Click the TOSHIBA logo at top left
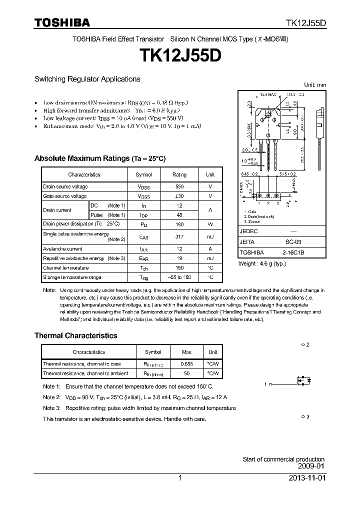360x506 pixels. tap(62, 22)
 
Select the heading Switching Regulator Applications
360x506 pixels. tap(87, 79)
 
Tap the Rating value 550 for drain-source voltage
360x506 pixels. tap(179, 186)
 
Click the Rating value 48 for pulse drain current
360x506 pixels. tap(179, 214)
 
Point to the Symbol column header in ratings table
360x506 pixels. tap(143, 174)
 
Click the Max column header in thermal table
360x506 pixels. tap(186, 352)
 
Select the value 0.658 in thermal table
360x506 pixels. tap(186, 364)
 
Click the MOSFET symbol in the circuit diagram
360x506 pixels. tap(304, 384)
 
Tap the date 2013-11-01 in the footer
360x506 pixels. tap(306, 478)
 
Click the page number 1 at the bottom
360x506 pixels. tap(180, 478)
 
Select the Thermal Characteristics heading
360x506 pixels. tap(75, 335)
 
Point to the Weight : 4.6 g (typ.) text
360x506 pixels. tap(262, 262)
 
